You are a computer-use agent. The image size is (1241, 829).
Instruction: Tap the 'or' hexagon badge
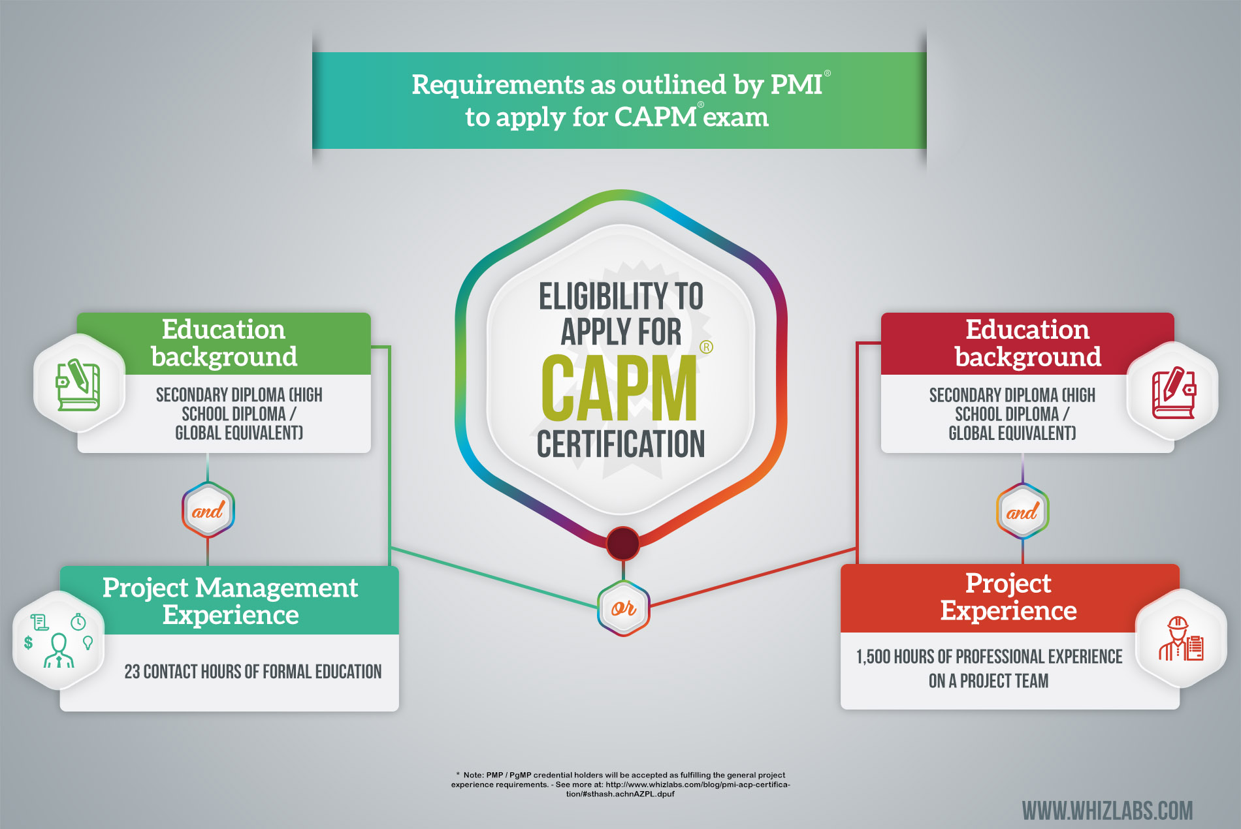click(624, 608)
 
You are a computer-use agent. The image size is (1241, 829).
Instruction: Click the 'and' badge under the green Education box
click(208, 510)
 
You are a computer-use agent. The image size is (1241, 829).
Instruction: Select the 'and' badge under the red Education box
click(1022, 511)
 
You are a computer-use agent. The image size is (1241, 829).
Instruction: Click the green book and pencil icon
click(78, 384)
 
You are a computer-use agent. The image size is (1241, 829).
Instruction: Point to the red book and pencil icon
click(1174, 393)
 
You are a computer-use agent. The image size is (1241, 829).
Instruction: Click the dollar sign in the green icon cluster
click(28, 642)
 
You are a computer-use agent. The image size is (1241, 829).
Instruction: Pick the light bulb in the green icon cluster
click(88, 643)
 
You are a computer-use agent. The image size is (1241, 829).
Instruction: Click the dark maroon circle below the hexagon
click(623, 543)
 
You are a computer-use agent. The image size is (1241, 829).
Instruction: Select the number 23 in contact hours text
click(132, 672)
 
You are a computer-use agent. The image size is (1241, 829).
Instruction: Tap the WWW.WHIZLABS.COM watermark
click(1107, 811)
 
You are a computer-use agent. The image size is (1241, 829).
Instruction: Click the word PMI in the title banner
click(796, 85)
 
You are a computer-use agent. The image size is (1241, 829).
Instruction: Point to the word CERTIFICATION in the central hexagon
click(621, 444)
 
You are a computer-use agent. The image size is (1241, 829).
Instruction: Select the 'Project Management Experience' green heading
click(231, 601)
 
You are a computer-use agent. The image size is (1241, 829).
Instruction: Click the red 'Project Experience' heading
click(1008, 597)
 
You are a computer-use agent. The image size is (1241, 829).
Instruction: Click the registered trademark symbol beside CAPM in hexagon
click(706, 347)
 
